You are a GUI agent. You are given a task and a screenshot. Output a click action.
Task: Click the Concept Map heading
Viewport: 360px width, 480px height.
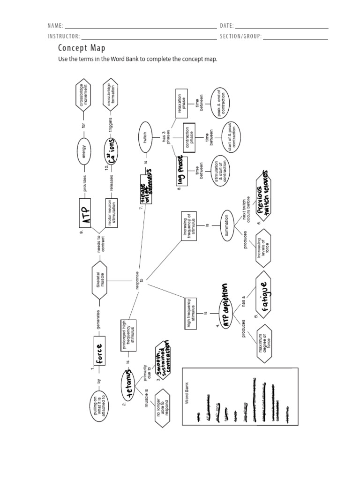(x=82, y=48)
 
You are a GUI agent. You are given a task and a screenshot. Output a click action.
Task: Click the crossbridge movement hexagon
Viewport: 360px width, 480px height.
(x=84, y=97)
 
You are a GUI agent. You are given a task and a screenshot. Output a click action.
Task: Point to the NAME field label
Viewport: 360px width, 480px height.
(x=54, y=26)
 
